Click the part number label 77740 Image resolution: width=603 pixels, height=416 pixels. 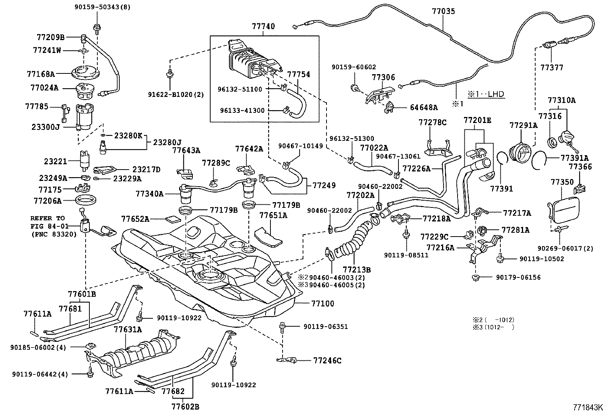[263, 26]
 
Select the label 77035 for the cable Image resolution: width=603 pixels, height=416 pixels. [444, 11]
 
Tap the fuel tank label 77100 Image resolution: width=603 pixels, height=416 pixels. [323, 304]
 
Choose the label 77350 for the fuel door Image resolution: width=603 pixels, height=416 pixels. [562, 182]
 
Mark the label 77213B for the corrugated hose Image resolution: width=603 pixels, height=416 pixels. [356, 270]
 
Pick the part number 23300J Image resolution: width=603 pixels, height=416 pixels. [46, 127]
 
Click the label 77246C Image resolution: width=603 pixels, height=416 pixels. [327, 360]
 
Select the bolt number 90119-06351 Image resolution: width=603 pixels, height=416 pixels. [325, 327]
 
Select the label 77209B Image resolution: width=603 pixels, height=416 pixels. [51, 37]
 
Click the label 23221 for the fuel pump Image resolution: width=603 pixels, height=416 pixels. [55, 161]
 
